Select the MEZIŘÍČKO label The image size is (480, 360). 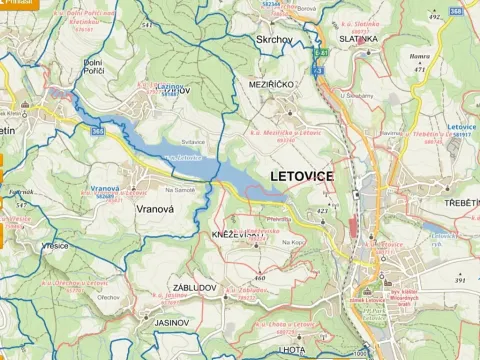[272, 85]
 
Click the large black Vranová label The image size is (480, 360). [153, 212]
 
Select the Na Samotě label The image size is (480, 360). [180, 190]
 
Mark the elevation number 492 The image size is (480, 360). [434, 17]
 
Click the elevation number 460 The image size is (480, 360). [260, 277]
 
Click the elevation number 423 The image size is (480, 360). [322, 211]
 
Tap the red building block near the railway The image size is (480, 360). [354, 226]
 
